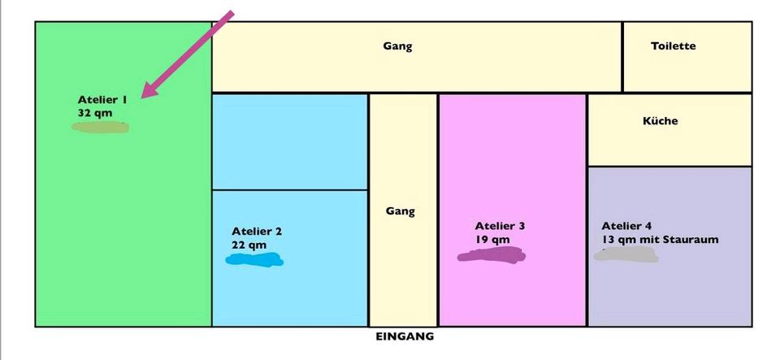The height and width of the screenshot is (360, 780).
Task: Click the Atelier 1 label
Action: (x=102, y=100)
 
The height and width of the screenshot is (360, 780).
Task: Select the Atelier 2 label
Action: (x=257, y=232)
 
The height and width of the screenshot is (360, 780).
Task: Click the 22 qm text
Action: (x=249, y=245)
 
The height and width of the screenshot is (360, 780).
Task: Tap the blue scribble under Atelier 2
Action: (x=255, y=260)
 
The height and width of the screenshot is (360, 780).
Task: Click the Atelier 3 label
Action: (x=500, y=226)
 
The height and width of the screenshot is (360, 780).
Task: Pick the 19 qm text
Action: (x=492, y=240)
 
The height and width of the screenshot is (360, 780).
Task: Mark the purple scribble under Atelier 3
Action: (x=491, y=256)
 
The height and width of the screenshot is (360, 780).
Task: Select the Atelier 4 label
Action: (x=626, y=226)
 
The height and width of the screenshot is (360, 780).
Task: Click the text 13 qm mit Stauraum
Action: (x=660, y=240)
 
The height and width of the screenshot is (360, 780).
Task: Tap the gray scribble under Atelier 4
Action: (x=626, y=255)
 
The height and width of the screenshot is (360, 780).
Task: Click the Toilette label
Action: (x=674, y=46)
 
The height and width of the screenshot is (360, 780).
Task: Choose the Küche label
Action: (x=660, y=121)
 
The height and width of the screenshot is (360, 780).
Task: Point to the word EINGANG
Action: (x=405, y=336)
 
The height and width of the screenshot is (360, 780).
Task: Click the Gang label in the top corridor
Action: (x=397, y=46)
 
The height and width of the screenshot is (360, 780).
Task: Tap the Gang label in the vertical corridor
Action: (x=401, y=211)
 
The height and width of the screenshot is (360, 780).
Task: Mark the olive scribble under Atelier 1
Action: (x=101, y=127)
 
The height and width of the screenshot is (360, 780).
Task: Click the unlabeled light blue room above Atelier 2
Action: (x=290, y=141)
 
